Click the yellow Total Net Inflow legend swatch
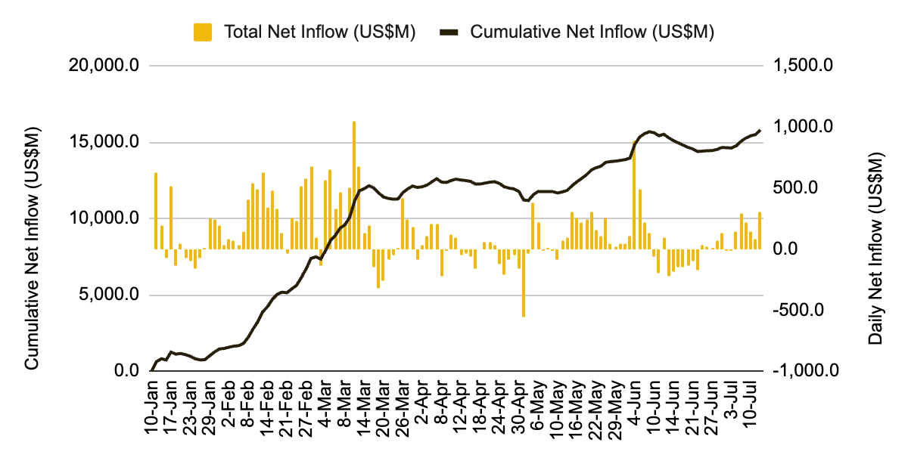(203, 32)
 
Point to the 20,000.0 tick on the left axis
(104, 66)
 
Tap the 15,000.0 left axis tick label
(104, 142)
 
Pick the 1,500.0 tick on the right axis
(803, 66)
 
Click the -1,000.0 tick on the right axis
(803, 371)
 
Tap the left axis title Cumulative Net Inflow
(32, 248)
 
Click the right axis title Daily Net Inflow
(875, 248)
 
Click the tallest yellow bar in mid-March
(353, 185)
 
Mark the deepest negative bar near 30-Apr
(523, 283)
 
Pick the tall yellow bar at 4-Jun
(634, 195)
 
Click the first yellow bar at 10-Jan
(156, 211)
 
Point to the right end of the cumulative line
(759, 130)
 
